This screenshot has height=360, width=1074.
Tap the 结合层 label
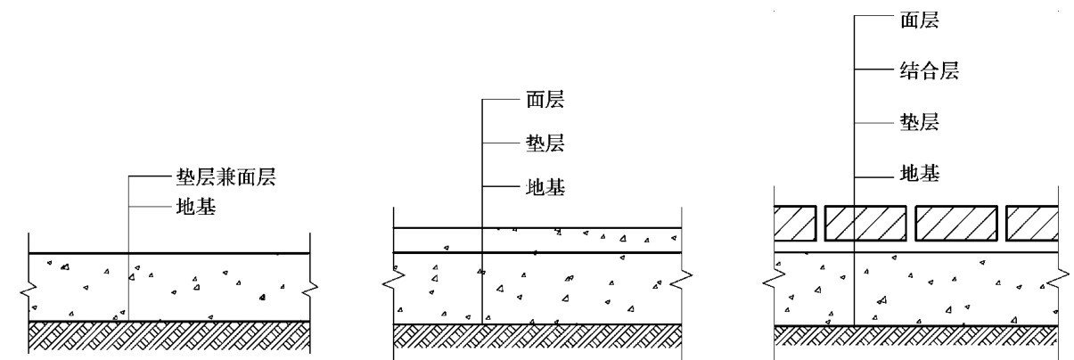[922, 70]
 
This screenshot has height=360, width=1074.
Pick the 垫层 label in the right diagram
[910, 121]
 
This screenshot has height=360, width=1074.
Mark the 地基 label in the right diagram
[910, 172]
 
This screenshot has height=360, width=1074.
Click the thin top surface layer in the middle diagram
[537, 240]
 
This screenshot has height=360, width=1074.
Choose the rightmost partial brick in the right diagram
[1032, 224]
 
